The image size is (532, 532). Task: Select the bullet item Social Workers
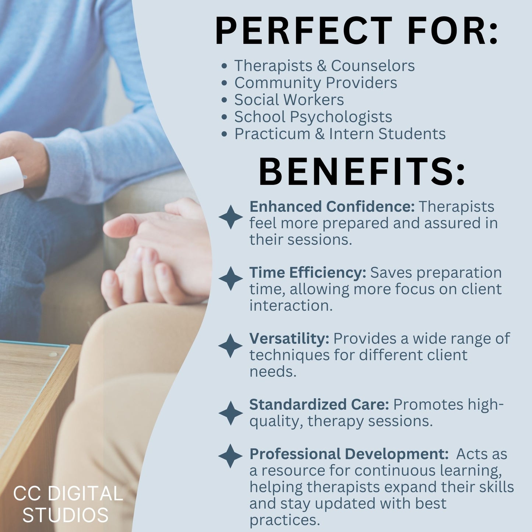pos(289,100)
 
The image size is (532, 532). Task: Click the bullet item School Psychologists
pos(313,117)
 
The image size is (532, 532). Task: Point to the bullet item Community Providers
pos(316,83)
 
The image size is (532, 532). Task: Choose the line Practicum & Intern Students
pos(340,134)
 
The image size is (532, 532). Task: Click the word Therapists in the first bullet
pos(273,66)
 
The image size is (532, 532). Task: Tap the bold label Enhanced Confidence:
pos(332,207)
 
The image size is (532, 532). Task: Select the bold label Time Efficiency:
pos(308,273)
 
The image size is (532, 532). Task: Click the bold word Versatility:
pos(289,339)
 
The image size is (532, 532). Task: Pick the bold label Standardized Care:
pos(319,405)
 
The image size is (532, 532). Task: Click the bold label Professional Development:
pos(349,454)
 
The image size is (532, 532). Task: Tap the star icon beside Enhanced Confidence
pos(230,217)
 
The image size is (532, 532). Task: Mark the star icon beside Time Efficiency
pos(230,279)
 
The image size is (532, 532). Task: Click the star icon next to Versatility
pos(230,346)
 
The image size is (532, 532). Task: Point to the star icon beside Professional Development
pos(230,456)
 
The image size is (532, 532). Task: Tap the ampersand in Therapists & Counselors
pos(321,66)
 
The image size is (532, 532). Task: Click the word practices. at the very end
pos(284,520)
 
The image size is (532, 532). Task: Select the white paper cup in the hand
pos(11,175)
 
